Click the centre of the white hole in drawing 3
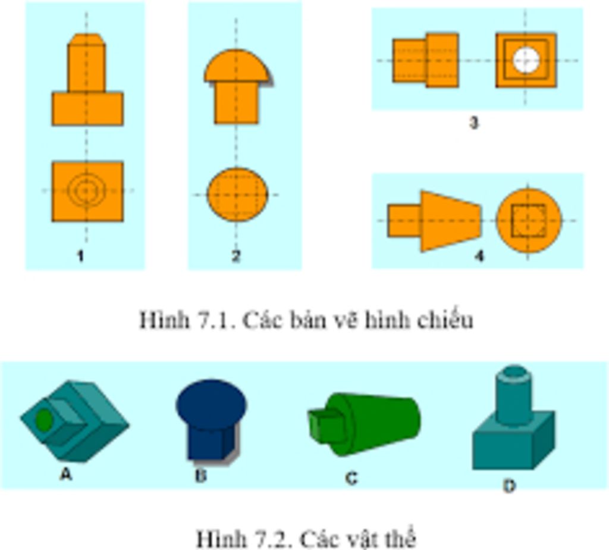(x=526, y=61)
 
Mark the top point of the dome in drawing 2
(x=236, y=49)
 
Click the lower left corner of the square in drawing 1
(x=52, y=221)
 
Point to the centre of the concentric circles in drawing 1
(x=86, y=190)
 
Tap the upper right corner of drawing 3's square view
(x=556, y=34)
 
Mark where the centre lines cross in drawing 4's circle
(x=528, y=220)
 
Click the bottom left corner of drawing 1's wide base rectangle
(x=52, y=125)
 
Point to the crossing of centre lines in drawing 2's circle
(x=236, y=195)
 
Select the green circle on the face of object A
(x=44, y=420)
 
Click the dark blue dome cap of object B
(x=211, y=404)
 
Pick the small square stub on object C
(x=327, y=426)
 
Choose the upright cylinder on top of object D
(x=513, y=395)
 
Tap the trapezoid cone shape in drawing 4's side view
(x=451, y=221)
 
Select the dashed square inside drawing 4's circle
(x=528, y=220)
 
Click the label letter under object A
(x=66, y=474)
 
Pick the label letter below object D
(x=509, y=486)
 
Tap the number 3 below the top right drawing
(x=473, y=123)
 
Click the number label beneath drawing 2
(x=236, y=256)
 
